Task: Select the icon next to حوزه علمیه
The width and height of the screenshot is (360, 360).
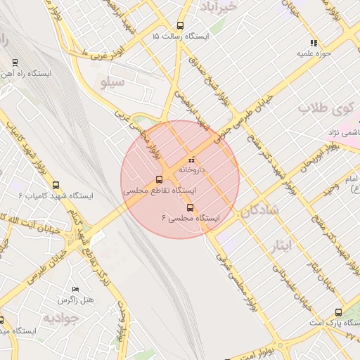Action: tap(314, 43)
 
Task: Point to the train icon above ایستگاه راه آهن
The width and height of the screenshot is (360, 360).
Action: tap(15, 62)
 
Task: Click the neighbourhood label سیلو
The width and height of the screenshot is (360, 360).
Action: tap(112, 84)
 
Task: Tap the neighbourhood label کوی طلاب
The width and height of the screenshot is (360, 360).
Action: tap(323, 108)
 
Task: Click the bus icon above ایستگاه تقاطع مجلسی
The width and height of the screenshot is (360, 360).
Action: tap(160, 179)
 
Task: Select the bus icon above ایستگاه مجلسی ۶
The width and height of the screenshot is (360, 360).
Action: tap(190, 207)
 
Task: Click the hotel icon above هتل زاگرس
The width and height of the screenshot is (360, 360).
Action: tap(76, 289)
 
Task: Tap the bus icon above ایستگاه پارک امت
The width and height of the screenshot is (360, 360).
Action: tap(338, 311)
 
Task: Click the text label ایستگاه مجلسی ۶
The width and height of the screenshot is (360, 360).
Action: tap(191, 219)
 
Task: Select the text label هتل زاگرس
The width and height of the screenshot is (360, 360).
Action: tap(77, 300)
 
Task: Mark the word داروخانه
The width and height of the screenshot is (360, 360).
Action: tap(193, 169)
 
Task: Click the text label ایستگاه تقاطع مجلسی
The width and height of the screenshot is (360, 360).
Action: tap(160, 191)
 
